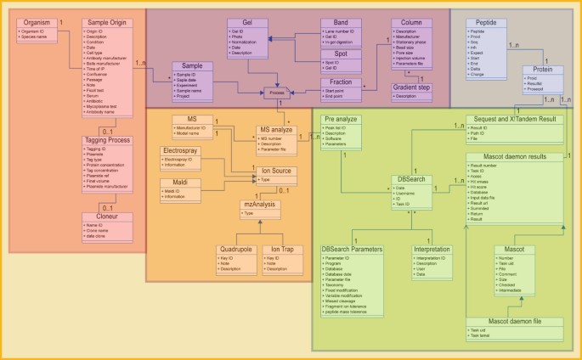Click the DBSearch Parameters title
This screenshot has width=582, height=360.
(x=352, y=250)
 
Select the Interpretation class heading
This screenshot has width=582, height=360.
(x=432, y=250)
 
